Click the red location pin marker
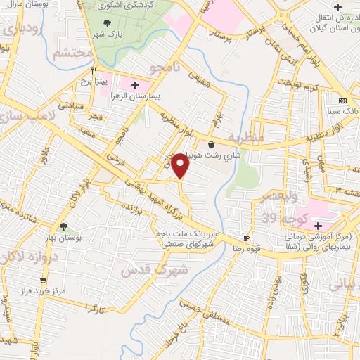click(181, 165)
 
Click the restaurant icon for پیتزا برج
click(94, 71)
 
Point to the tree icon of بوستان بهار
click(64, 226)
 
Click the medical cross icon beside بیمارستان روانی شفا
click(318, 226)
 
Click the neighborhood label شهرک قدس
click(155, 269)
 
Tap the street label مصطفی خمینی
click(198, 310)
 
